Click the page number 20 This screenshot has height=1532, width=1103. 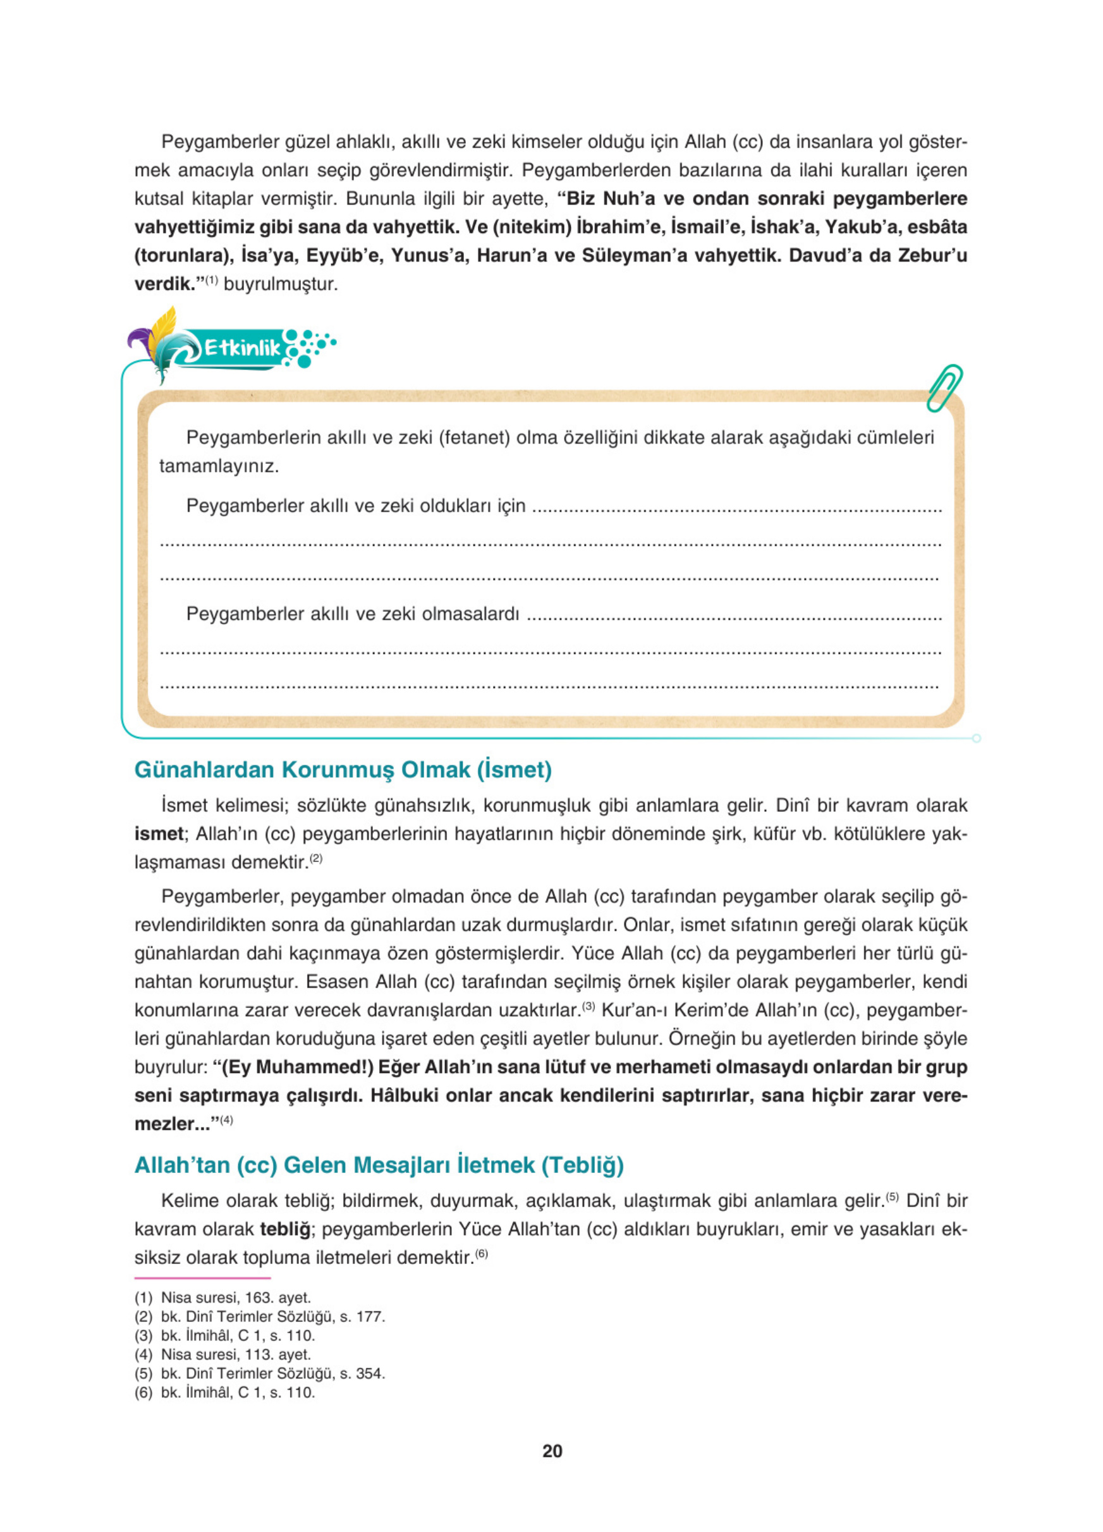pos(552,1451)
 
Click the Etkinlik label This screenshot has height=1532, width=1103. pos(242,348)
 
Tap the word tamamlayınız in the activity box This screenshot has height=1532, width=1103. pos(219,466)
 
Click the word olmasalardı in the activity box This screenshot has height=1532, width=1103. pos(471,614)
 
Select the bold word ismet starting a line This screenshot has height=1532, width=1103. pos(159,834)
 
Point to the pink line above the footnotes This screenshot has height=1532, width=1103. pos(202,1277)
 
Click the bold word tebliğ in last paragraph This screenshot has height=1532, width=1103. pos(285,1229)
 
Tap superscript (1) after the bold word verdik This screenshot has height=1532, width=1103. pos(211,279)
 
